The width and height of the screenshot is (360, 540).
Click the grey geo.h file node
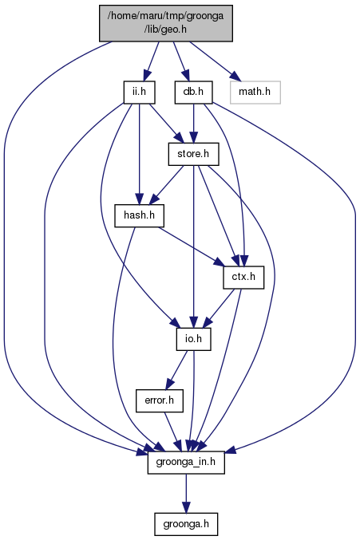coord(166,23)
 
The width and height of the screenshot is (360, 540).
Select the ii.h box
coord(139,93)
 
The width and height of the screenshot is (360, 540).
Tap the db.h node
coord(193,93)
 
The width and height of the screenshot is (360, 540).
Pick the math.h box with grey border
coord(255,93)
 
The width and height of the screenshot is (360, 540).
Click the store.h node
coord(193,154)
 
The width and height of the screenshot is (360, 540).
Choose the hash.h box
coord(139,215)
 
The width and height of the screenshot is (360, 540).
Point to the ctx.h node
coord(243,278)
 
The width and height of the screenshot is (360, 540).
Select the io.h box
coord(193,339)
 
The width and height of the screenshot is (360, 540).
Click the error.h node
coord(159,400)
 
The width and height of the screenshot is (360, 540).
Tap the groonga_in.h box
coord(186,462)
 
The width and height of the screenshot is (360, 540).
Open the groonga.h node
coord(186,524)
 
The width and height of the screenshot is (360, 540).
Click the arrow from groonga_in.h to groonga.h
coord(186,493)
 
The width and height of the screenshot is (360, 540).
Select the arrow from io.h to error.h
coord(176,370)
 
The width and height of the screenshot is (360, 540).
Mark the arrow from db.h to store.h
coord(193,124)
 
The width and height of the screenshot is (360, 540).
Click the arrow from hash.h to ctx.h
coord(191,246)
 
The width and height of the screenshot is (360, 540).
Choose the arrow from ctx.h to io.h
coord(219,308)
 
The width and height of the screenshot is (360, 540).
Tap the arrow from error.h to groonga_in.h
coord(172,432)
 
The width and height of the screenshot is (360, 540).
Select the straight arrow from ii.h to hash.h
coord(139,154)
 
